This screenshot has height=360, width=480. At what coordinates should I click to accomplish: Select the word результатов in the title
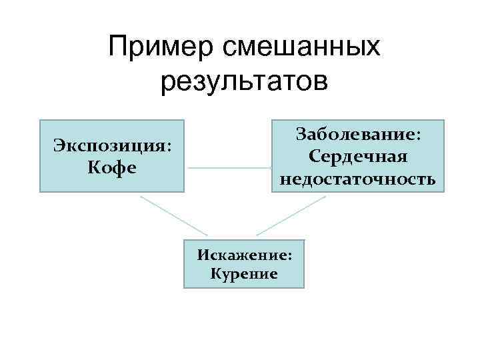244,82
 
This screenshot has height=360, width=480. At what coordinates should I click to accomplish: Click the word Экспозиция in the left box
107,145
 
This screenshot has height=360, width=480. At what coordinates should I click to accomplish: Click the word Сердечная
359,157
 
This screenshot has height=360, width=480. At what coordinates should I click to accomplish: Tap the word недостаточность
358,179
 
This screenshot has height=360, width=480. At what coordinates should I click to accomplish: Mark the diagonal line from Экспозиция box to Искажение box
174,215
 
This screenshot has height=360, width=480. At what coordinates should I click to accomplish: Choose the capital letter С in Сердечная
315,157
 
